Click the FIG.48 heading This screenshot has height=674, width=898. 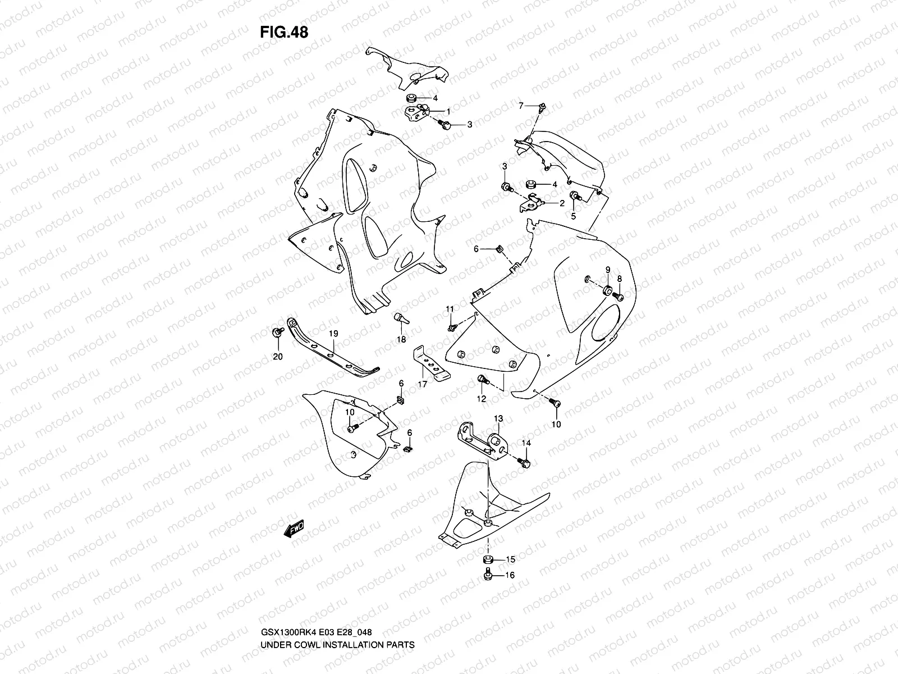(284, 33)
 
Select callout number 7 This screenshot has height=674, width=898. (521, 106)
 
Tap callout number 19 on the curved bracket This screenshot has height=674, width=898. (333, 334)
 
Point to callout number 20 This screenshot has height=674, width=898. (278, 357)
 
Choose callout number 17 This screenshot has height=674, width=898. (422, 385)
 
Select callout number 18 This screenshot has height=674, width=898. (401, 340)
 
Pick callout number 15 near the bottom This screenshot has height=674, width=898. (510, 559)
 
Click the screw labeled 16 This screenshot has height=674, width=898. (488, 575)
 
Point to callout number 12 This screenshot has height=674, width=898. (482, 399)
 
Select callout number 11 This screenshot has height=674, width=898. (450, 309)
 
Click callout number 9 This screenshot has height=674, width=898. (607, 271)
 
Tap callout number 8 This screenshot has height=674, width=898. (620, 279)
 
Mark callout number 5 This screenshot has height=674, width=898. (574, 216)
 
